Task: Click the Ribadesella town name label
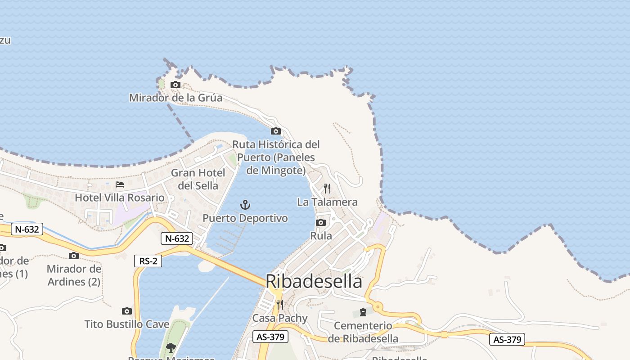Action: click(314, 281)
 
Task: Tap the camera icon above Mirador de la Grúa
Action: click(175, 85)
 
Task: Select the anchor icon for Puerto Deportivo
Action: click(245, 205)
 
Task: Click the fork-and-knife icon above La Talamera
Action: click(327, 189)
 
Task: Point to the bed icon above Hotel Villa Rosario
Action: click(120, 184)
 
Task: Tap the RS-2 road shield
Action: click(148, 261)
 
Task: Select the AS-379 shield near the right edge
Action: click(507, 339)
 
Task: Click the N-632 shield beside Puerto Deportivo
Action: click(177, 238)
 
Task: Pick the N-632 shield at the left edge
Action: click(27, 229)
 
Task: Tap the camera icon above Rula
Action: click(321, 222)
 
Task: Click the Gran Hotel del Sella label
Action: click(198, 179)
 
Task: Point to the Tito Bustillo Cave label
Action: click(127, 324)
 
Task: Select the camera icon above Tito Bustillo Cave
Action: click(127, 311)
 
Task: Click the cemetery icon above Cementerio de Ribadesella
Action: click(363, 312)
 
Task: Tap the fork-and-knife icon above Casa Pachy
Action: click(279, 305)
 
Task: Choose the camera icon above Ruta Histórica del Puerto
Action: click(276, 131)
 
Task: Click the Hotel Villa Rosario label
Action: click(120, 198)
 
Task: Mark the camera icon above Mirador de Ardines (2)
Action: click(74, 256)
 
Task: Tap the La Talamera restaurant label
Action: click(327, 202)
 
